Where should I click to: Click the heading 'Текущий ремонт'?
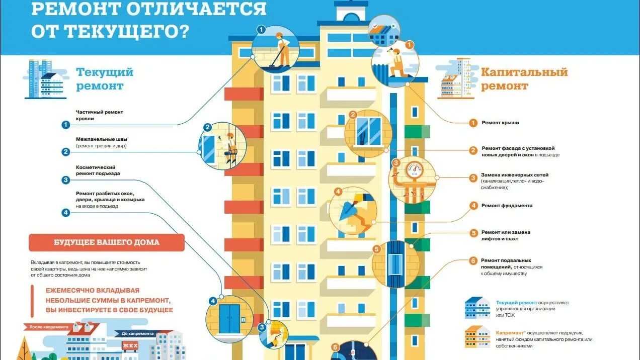(105, 79)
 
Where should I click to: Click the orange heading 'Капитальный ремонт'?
(524, 79)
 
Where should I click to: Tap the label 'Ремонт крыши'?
(500, 123)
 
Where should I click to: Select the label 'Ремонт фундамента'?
(507, 206)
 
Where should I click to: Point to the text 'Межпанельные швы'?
(101, 139)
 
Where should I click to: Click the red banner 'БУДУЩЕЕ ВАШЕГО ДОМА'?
(107, 242)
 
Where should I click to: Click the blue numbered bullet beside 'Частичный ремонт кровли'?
(65, 125)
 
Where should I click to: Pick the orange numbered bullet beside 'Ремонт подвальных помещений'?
(473, 260)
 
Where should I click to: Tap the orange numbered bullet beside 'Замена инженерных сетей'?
(473, 177)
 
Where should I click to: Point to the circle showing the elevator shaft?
(396, 263)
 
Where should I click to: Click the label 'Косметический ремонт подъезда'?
(98, 170)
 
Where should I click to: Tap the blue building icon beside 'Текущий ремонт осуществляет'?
(477, 307)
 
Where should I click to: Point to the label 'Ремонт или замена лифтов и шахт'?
(506, 235)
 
